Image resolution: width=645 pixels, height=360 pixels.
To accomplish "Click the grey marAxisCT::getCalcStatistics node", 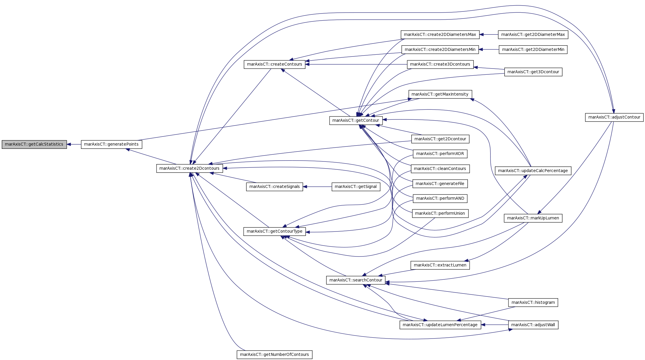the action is pos(34,144).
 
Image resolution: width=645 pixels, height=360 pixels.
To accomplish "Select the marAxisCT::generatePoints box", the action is pos(112,144).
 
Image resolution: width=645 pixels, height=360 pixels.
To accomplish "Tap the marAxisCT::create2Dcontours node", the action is pos(189,169).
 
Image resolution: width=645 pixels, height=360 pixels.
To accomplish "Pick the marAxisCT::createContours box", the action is pos(275,64).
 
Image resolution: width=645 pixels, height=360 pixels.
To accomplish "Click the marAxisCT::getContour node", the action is pos(356,120).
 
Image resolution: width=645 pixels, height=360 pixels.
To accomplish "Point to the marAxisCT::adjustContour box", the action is pos(614,117).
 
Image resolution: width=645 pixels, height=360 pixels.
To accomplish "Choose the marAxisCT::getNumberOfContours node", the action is pos(275,355).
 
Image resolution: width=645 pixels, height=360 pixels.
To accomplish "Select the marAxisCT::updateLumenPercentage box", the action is pos(440,325).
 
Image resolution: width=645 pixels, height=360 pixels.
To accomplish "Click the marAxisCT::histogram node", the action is pos(533,303).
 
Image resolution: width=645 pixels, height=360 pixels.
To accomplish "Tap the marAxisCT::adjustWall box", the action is pos(533,325).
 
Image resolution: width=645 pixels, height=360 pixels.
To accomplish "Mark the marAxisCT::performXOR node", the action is pos(440,154).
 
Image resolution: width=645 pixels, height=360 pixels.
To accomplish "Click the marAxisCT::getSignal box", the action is pos(356,187).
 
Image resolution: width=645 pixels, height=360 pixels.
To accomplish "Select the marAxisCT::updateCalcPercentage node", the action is pos(533,171).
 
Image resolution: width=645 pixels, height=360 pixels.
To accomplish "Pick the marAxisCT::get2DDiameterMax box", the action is pos(533,35).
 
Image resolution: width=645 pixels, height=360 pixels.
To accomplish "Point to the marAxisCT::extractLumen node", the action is pos(440,265).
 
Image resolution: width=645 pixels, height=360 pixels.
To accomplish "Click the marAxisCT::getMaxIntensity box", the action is pos(440,94).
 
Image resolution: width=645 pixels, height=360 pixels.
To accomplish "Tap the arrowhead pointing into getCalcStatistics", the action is pos(69,144).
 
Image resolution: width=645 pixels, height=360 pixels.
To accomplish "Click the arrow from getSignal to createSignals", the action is pos(317,187).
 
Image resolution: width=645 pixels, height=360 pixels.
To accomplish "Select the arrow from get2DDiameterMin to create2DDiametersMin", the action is pos(489,50).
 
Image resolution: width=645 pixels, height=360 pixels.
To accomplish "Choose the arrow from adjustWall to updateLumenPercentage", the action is pos(495,325).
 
